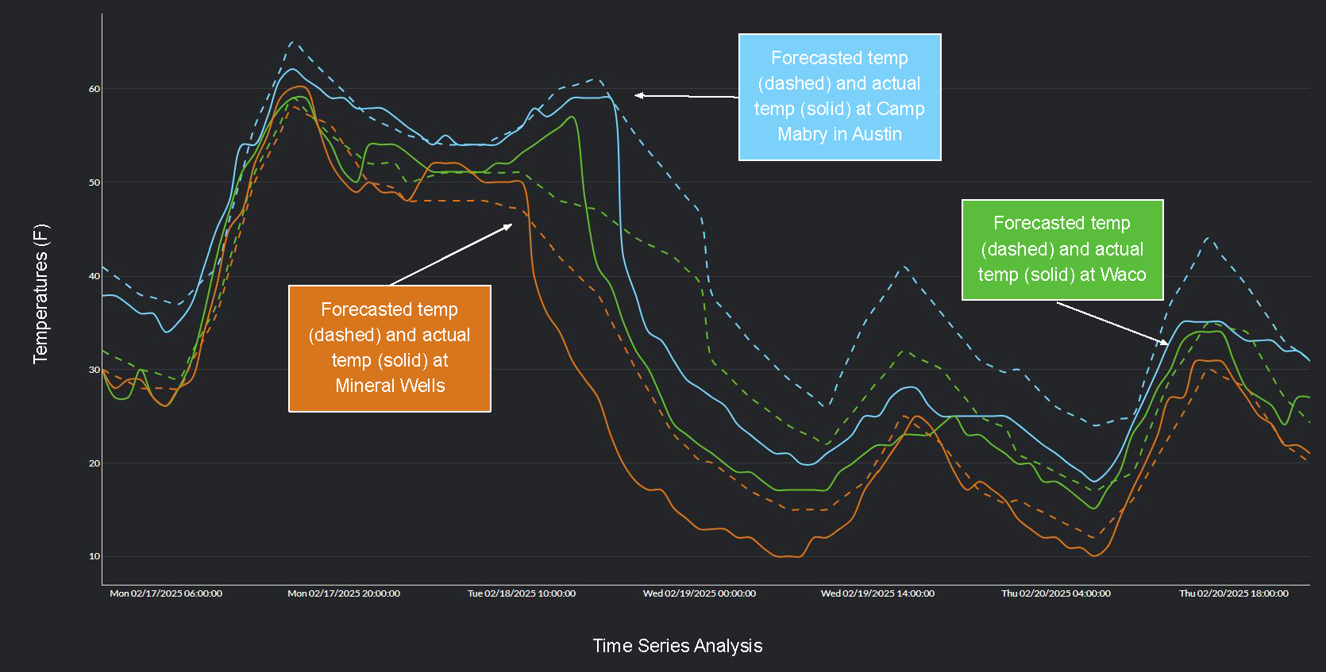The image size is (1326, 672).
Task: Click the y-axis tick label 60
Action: [x=94, y=89]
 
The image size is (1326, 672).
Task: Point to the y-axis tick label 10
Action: [x=94, y=556]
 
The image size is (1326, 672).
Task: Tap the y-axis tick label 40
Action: [x=94, y=276]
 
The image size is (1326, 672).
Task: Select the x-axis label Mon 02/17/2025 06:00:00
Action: [x=166, y=593]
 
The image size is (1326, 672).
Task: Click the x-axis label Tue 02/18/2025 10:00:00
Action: [x=522, y=593]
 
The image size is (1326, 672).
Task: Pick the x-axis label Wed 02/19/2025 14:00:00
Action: [x=877, y=593]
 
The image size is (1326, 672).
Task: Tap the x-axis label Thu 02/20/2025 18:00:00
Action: [x=1233, y=593]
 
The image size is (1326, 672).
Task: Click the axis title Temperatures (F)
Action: [x=40, y=294]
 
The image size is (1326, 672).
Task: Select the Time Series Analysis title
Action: [x=677, y=646]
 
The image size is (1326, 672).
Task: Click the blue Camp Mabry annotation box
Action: [x=839, y=97]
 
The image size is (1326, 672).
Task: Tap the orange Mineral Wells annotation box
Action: [x=389, y=348]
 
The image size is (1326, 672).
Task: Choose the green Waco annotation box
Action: [x=1062, y=249]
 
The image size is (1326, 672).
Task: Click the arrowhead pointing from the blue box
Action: [x=638, y=95]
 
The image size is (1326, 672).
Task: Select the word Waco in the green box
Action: [x=1123, y=275]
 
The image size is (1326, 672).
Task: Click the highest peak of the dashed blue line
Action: [x=291, y=42]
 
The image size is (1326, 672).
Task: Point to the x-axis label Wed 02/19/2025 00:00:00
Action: [x=700, y=593]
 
